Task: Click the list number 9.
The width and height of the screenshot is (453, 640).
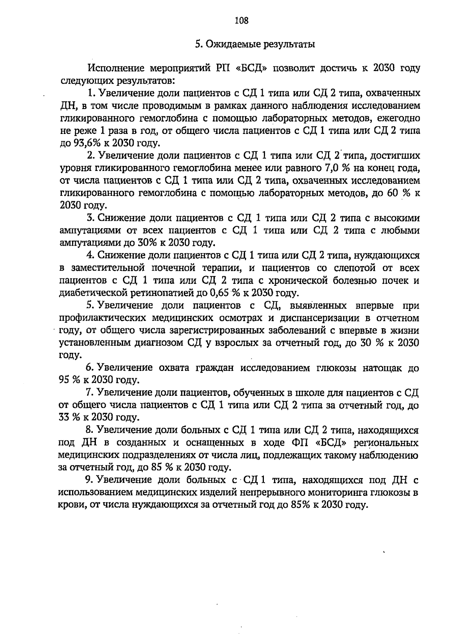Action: pyautogui.click(x=89, y=480)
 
